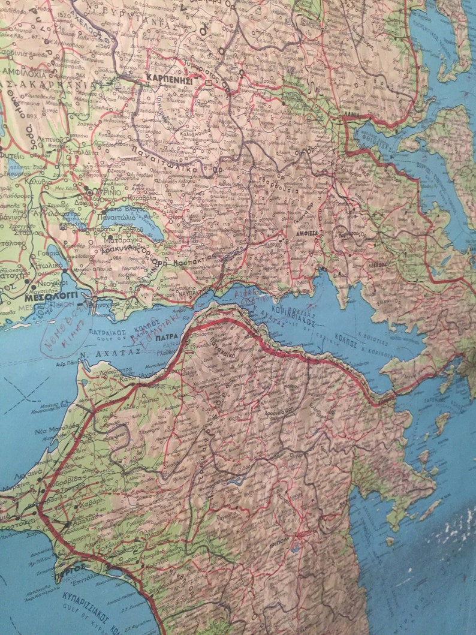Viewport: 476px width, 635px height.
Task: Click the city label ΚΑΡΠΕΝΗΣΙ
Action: click(168, 78)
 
